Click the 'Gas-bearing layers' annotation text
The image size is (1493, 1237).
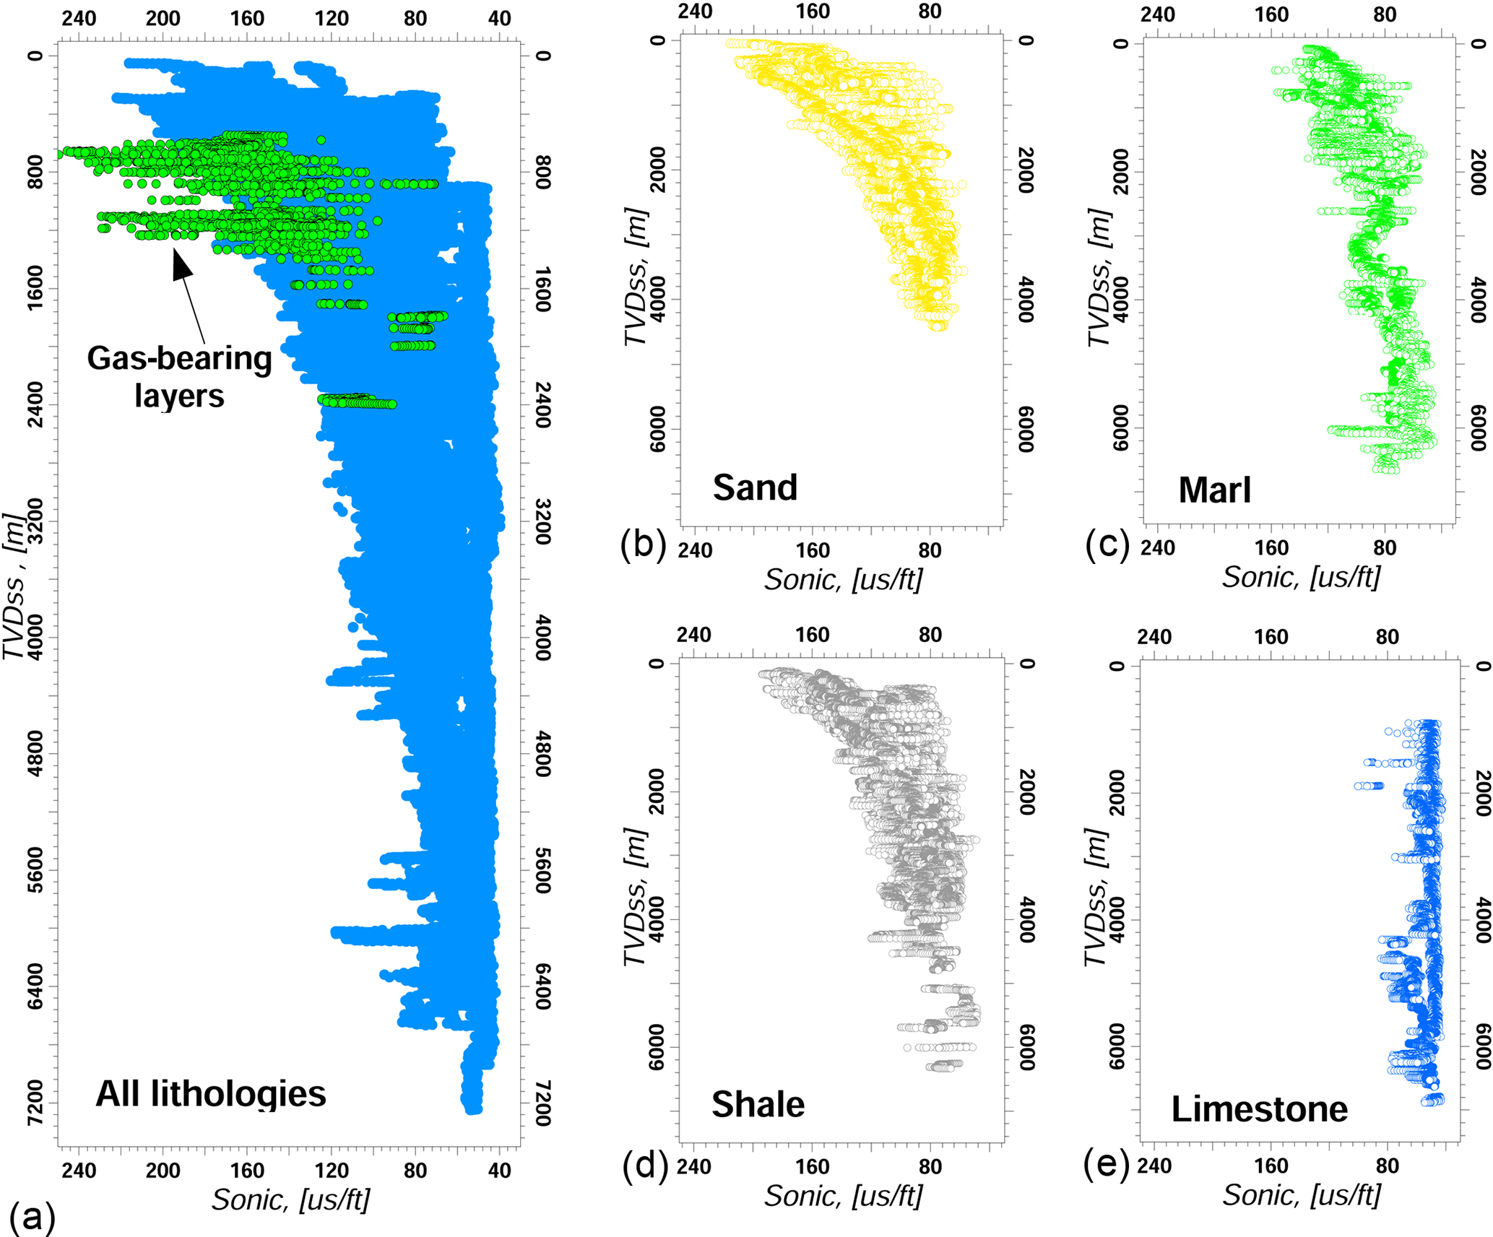179,377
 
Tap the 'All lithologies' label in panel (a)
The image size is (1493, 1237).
211,1093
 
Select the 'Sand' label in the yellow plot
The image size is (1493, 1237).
755,487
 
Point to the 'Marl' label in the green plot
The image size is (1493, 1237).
1214,490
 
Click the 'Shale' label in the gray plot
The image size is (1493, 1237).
758,1104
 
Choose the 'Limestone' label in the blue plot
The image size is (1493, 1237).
1259,1108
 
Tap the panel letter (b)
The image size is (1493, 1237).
642,545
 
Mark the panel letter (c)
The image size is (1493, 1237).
1107,545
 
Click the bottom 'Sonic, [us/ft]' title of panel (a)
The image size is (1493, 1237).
290,1199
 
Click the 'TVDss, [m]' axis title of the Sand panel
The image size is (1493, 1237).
636,278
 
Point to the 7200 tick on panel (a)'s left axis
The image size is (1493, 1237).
35,1103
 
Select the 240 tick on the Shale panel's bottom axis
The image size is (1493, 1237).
694,1166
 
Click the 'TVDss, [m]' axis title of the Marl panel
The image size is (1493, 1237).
1098,278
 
